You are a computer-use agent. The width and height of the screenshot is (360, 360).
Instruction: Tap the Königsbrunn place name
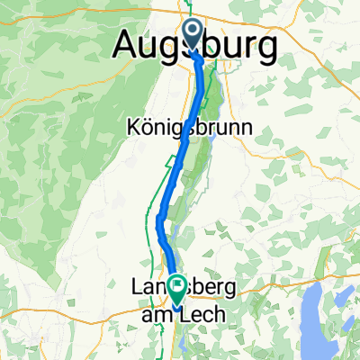pyautogui.click(x=184, y=129)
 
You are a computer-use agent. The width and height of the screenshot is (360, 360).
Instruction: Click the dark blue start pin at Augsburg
pyautogui.click(x=193, y=33)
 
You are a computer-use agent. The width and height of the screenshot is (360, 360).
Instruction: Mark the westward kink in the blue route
pyautogui.click(x=160, y=219)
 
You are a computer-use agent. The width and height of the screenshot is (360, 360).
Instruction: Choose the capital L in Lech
pyautogui.click(x=186, y=312)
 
